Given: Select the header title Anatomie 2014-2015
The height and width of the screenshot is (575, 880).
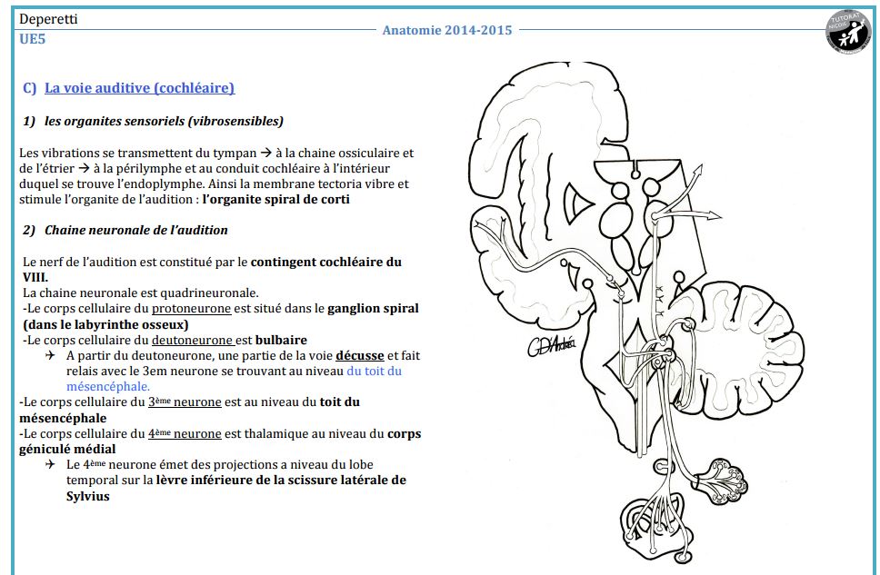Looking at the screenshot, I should [x=446, y=30].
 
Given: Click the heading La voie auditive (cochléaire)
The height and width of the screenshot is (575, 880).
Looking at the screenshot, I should [x=139, y=88].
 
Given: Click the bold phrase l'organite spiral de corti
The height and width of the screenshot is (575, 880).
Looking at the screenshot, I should [x=275, y=199].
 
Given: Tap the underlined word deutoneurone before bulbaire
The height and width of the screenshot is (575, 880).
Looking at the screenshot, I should [x=193, y=340].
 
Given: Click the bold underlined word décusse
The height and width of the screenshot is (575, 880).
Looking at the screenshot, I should [x=359, y=355].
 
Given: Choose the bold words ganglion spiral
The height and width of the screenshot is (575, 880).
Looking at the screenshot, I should [x=373, y=308].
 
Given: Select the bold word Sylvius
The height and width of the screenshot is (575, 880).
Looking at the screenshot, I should [x=87, y=496].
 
